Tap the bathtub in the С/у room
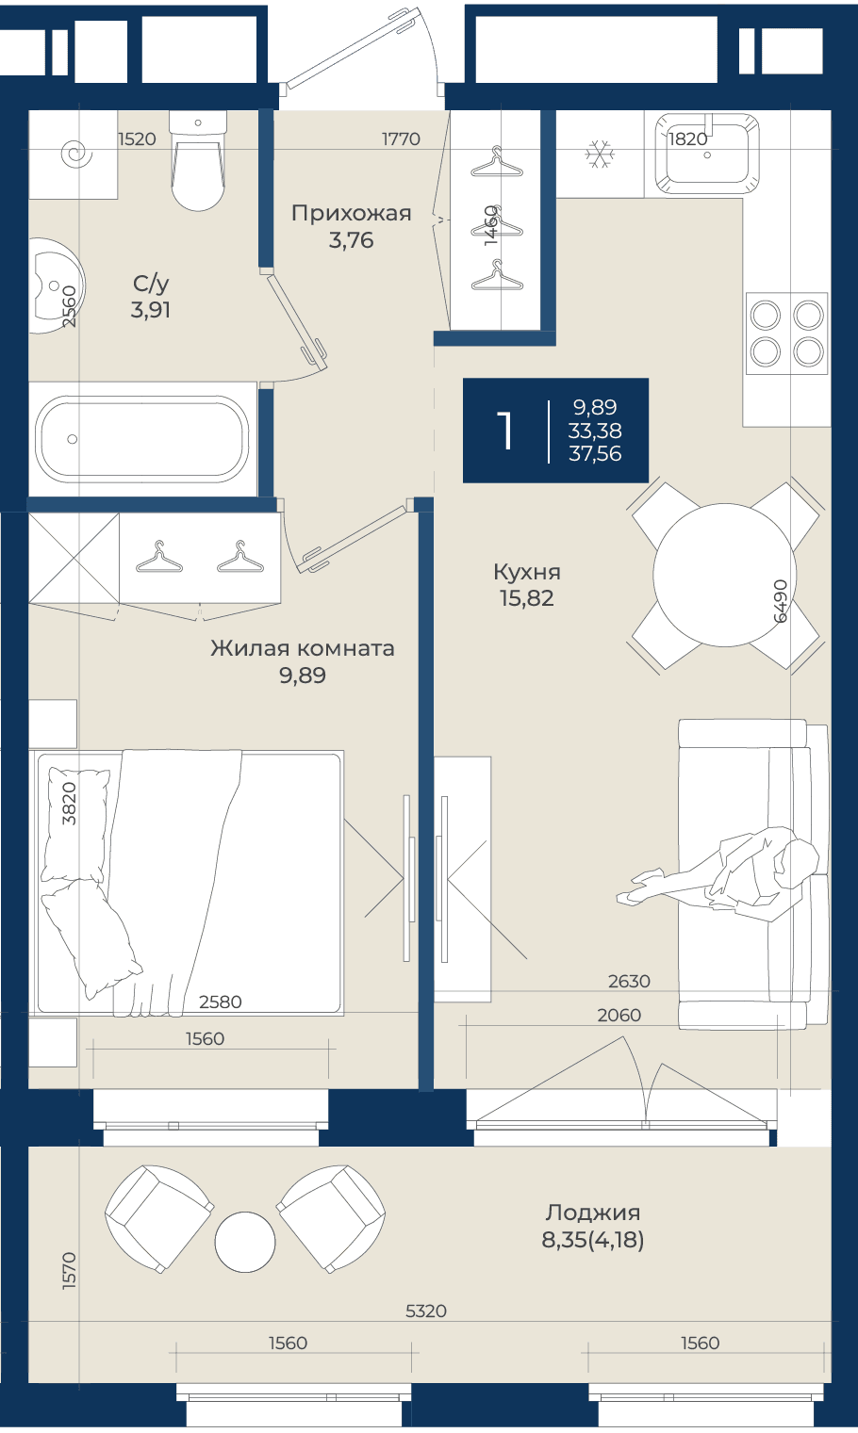pyautogui.click(x=141, y=439)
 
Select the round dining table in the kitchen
pyautogui.click(x=725, y=575)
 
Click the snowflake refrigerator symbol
pyautogui.click(x=600, y=155)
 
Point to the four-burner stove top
pyautogui.click(x=787, y=334)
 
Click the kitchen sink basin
pyautogui.click(x=707, y=154)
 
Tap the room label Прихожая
pyautogui.click(x=351, y=213)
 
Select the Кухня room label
pyautogui.click(x=526, y=571)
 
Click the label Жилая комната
pyautogui.click(x=303, y=648)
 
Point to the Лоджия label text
pyautogui.click(x=593, y=1213)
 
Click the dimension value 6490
pyautogui.click(x=780, y=601)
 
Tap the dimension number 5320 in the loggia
pyautogui.click(x=426, y=1311)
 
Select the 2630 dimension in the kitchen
pyautogui.click(x=630, y=982)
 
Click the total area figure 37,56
pyautogui.click(x=595, y=453)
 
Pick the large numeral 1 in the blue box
pyautogui.click(x=505, y=431)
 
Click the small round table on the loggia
pyautogui.click(x=245, y=1242)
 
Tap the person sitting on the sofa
pyautogui.click(x=718, y=874)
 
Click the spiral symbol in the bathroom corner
pyautogui.click(x=76, y=155)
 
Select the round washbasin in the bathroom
pyautogui.click(x=57, y=286)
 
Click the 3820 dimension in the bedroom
pyautogui.click(x=69, y=804)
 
